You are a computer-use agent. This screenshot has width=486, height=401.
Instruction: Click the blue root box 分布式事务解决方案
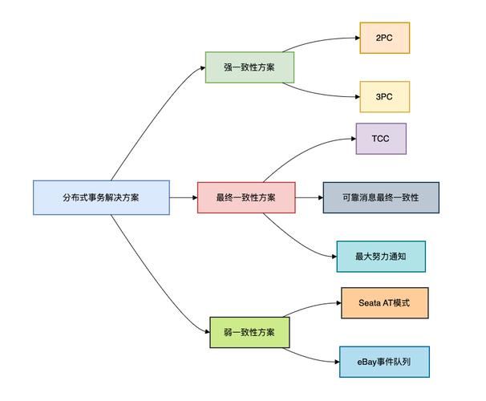(x=101, y=197)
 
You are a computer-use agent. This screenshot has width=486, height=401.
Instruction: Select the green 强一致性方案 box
(x=249, y=67)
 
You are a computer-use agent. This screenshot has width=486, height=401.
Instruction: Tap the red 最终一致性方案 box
(x=246, y=197)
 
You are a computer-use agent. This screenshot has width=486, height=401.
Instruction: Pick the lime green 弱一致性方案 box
(x=249, y=331)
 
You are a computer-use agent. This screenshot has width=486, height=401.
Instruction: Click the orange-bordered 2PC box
(x=384, y=38)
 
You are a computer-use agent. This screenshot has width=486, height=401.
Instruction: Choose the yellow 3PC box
(x=384, y=96)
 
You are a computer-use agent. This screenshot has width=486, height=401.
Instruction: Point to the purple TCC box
(x=381, y=138)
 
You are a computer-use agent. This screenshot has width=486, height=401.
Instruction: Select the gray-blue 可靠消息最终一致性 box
(x=381, y=197)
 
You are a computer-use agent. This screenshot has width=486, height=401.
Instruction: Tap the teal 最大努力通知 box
(x=380, y=257)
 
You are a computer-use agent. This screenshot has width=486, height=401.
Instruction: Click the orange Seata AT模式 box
(x=384, y=303)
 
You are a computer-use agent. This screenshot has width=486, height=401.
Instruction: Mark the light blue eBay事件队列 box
(x=384, y=362)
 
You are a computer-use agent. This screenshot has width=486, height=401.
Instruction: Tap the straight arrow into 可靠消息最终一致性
(x=309, y=197)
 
